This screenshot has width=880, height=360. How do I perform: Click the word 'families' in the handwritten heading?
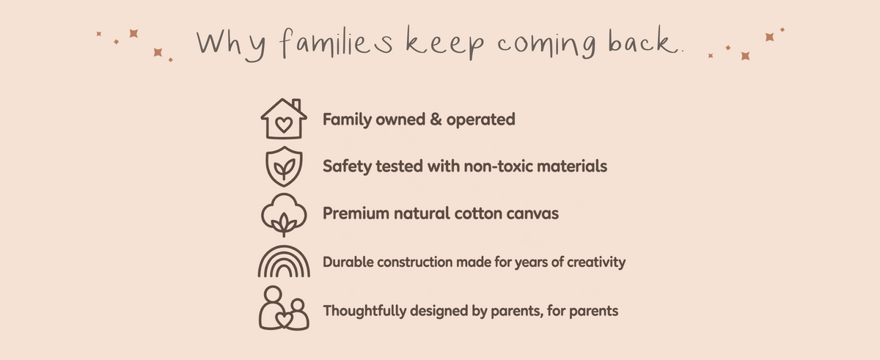click(337, 43)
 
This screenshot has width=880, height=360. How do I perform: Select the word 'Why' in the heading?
click(231, 46)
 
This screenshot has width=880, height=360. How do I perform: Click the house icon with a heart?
click(284, 119)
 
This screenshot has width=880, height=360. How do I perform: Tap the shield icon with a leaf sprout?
click(284, 166)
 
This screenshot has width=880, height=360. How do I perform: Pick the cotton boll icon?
click(284, 215)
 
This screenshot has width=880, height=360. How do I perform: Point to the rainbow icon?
click(284, 262)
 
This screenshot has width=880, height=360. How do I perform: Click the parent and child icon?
click(284, 308)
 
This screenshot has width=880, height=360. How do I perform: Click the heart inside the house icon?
click(284, 125)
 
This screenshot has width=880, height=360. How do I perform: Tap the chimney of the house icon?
click(296, 104)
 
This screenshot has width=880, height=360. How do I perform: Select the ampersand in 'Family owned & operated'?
click(436, 120)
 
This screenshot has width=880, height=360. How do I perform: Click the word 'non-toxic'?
click(498, 166)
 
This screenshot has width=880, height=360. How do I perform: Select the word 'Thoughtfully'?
click(364, 311)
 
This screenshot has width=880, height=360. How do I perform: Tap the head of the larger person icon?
click(273, 294)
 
